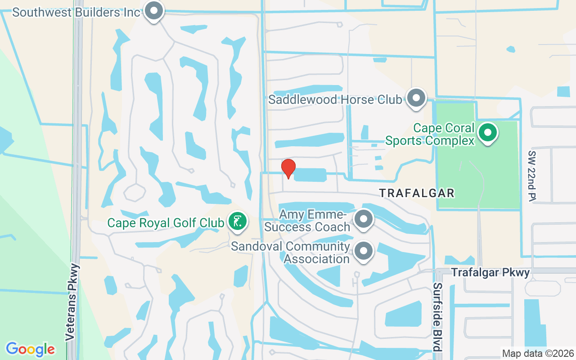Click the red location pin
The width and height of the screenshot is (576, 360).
288,169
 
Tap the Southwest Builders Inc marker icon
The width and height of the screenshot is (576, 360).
154,11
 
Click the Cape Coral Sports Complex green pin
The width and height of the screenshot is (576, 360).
487,133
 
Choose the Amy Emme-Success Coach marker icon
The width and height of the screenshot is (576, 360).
363,220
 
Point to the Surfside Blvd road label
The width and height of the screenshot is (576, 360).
438,317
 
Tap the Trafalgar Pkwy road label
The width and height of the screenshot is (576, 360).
490,273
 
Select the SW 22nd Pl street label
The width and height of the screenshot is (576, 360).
533,176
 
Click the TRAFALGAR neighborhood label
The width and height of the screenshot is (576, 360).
417,193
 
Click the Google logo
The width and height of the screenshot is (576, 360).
31,349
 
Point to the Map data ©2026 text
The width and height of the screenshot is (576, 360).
538,353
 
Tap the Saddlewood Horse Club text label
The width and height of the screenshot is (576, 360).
335,99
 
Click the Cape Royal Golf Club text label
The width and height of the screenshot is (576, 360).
166,223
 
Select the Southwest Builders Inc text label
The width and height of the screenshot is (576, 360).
76,12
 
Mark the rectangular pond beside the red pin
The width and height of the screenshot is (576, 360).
310,175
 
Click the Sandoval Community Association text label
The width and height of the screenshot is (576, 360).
290,252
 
